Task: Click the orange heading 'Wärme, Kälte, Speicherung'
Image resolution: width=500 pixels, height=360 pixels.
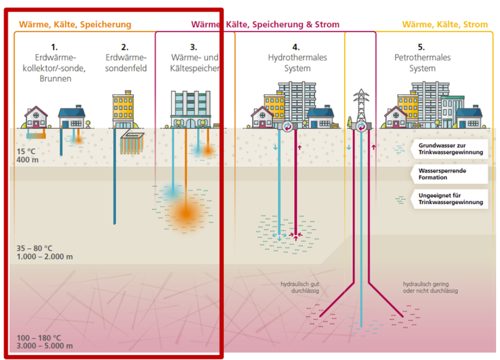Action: coord(75,25)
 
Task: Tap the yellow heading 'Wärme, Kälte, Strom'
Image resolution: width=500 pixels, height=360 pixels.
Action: coord(445,25)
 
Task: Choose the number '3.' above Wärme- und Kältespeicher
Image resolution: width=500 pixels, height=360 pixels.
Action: coord(193,47)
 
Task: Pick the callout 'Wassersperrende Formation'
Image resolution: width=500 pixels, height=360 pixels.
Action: coord(451,173)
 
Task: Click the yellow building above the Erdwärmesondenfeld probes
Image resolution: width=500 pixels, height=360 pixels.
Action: coord(124,111)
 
